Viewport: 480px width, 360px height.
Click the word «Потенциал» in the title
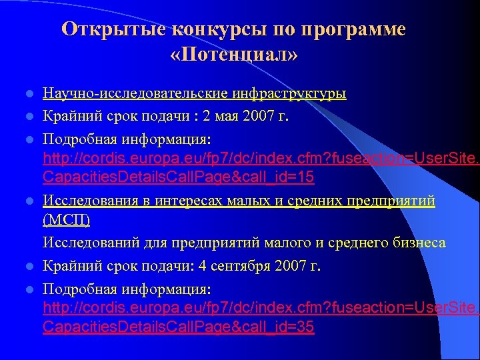click(233, 54)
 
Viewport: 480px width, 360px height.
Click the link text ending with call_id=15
click(179, 177)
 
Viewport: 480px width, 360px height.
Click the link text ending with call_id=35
click(179, 327)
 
